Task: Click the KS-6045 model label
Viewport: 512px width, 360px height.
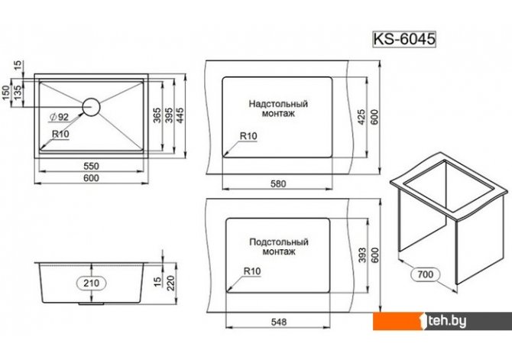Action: tap(404, 39)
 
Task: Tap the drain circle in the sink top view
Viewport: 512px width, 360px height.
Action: tap(91, 106)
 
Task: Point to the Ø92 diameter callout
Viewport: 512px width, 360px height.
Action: tap(59, 117)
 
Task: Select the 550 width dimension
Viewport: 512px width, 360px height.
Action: tap(91, 166)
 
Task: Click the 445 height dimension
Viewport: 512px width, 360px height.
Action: tap(180, 115)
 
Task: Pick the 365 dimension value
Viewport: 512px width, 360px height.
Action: tap(157, 115)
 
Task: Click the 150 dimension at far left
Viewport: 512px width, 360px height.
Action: tap(5, 92)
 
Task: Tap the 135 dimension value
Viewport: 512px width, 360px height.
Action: tap(18, 92)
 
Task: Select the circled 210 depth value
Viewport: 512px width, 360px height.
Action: tap(91, 283)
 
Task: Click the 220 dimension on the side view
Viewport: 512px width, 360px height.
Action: tap(170, 284)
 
